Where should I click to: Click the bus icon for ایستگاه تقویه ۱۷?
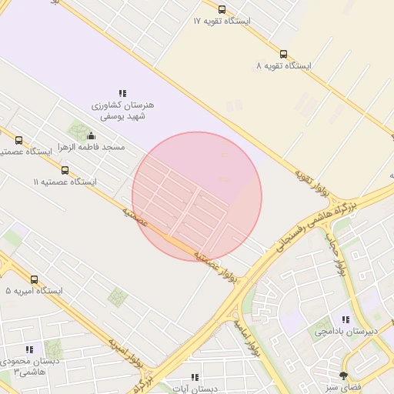coord(222,10)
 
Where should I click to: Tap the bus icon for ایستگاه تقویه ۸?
coord(284,55)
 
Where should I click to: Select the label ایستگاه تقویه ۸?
coord(284,66)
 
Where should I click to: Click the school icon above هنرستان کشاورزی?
coord(122,92)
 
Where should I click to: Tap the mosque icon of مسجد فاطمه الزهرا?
coord(92,136)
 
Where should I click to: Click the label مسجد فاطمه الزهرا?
coord(92,147)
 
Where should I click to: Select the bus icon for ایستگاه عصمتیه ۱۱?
coord(65,170)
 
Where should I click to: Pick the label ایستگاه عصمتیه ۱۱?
coord(65,182)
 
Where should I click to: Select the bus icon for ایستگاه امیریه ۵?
coord(34,279)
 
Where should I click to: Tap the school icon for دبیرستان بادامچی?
coord(346,319)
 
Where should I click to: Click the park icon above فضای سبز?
coord(343,375)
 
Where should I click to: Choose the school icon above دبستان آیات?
coord(195,378)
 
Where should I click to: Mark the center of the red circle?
coord(197,197)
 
